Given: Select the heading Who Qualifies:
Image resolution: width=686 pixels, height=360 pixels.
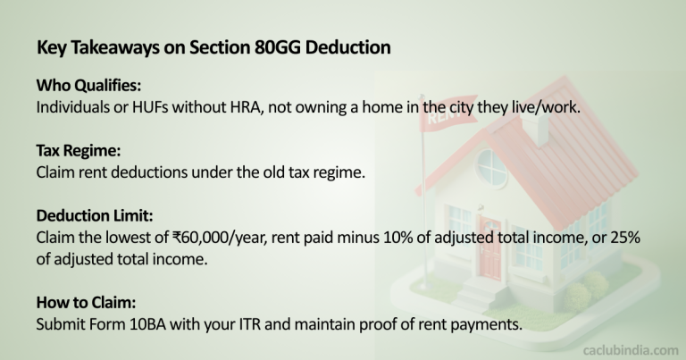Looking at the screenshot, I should coord(86,88).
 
